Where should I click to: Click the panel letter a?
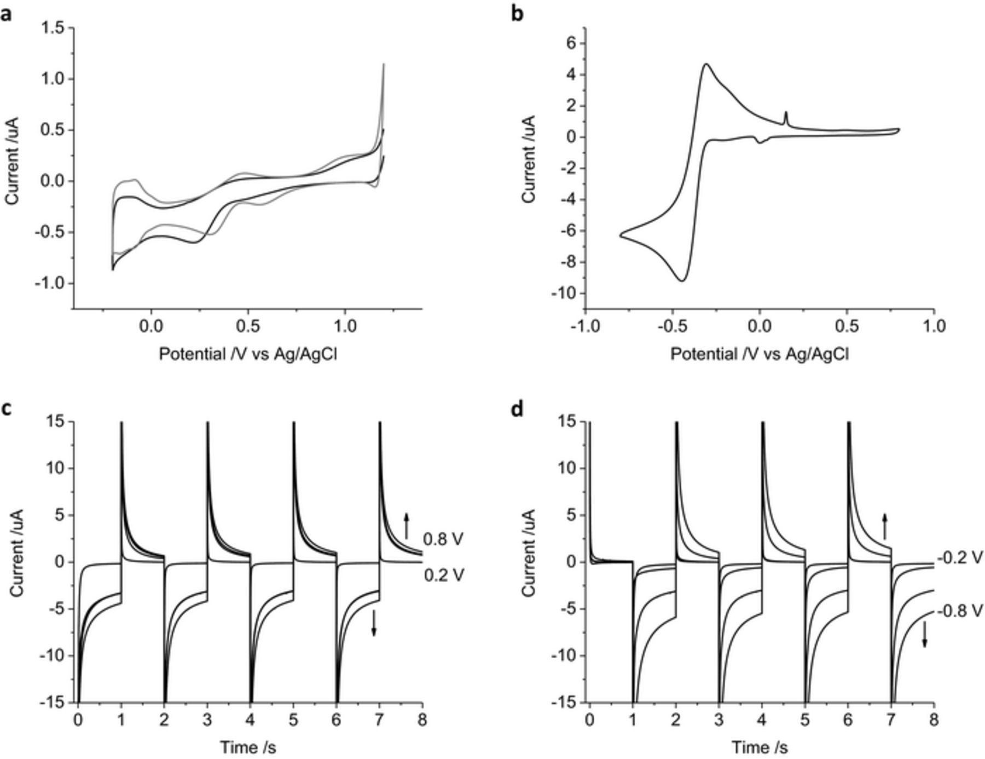pos(6,14)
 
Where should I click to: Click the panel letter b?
pos(517,14)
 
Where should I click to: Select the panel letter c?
pos(6,409)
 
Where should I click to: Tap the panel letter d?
pos(517,409)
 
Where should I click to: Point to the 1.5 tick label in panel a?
pos(53,27)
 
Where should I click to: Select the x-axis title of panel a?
pos(248,354)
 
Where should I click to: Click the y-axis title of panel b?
pos(529,159)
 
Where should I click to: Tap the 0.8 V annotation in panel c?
pos(443,539)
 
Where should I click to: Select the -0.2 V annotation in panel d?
pos(960,558)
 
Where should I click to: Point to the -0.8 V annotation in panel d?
pos(960,611)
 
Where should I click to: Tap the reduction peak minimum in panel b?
pos(682,281)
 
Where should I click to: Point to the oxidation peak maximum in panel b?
pos(706,64)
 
